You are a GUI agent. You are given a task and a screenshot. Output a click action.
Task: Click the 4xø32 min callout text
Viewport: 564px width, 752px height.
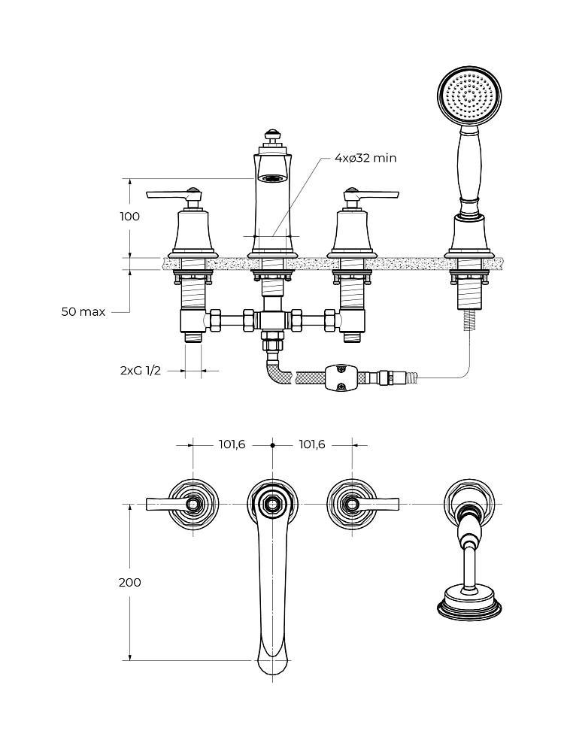point(365,158)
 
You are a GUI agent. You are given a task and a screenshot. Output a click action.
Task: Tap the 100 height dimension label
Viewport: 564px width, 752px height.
point(129,217)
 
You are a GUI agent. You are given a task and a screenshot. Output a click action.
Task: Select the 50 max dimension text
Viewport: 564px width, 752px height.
point(83,312)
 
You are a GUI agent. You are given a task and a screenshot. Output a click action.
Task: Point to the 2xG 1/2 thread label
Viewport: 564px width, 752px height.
point(140,371)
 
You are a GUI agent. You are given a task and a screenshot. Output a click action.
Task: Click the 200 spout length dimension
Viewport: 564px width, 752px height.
point(129,582)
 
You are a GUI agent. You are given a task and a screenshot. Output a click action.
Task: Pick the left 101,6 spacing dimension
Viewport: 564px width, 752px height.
point(232,445)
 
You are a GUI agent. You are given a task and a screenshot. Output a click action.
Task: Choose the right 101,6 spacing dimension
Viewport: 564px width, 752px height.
point(312,445)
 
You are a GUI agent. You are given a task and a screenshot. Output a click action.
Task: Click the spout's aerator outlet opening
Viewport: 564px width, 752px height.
point(271,179)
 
